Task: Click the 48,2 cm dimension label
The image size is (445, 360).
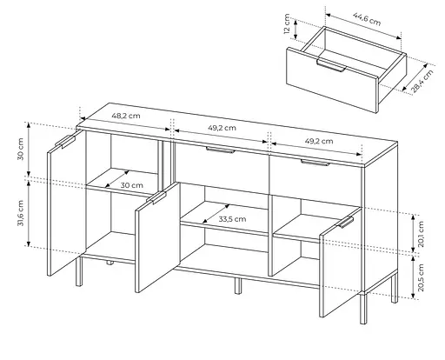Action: click(126, 116)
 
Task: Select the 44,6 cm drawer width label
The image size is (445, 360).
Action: click(367, 19)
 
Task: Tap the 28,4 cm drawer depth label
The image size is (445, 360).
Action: click(422, 81)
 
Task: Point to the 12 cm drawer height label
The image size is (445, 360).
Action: click(287, 23)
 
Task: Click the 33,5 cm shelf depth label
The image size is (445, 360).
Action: click(232, 219)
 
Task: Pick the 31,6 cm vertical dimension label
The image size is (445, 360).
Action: click(21, 213)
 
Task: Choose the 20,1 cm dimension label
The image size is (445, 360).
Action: click(421, 234)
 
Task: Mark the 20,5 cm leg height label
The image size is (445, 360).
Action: click(421, 277)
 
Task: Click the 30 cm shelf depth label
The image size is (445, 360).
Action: click(132, 185)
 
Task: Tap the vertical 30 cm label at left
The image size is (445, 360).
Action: click(21, 149)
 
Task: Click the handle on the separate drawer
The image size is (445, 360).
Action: click(331, 64)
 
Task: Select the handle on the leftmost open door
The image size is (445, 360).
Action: click(65, 142)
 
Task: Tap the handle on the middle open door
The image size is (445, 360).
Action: click(156, 197)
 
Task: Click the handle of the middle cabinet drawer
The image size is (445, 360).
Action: click(220, 150)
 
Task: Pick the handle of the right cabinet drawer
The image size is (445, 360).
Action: click(315, 163)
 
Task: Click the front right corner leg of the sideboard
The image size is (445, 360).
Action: click(363, 309)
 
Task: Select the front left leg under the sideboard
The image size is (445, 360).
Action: click(79, 271)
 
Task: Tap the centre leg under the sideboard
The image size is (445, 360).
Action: click(238, 286)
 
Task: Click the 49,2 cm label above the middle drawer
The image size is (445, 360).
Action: click(222, 128)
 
